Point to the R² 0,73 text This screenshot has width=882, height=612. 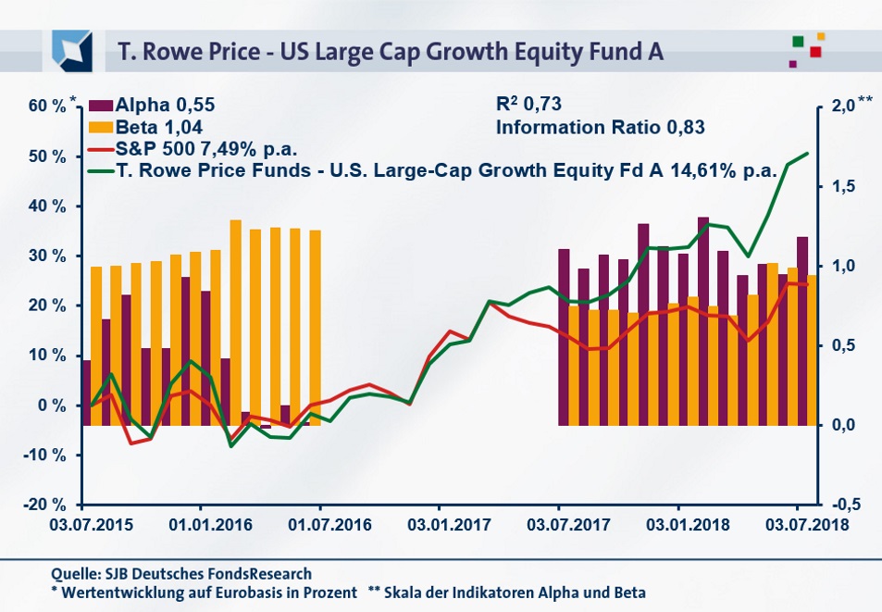(529, 106)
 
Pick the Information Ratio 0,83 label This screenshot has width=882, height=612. (601, 128)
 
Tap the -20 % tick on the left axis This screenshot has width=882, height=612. (45, 505)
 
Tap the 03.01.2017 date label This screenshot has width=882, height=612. (439, 523)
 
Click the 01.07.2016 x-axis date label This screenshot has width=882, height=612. (320, 523)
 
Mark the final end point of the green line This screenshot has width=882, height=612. (808, 154)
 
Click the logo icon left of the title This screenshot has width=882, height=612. (72, 49)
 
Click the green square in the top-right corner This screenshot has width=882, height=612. (798, 41)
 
